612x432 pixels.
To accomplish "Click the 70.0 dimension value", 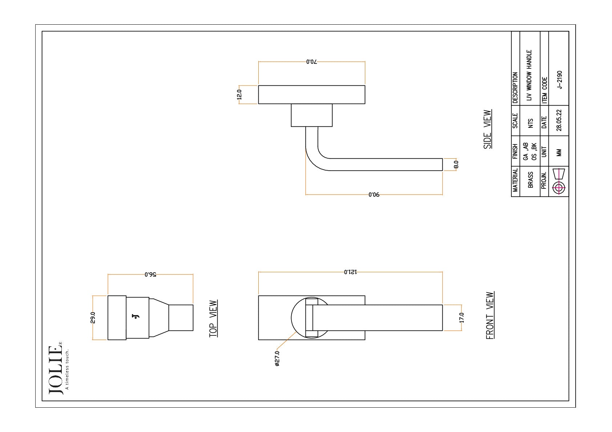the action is (311, 62).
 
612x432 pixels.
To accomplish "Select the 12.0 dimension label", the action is (239, 95).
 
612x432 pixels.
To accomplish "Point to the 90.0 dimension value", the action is (374, 195).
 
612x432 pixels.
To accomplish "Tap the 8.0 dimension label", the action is (456, 164).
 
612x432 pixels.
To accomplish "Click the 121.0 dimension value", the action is (350, 272).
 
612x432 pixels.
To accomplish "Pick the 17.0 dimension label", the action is (462, 318).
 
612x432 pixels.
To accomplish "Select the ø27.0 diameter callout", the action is (277, 358).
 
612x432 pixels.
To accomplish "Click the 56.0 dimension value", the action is (150, 274).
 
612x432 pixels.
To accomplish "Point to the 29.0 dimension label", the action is (93, 318).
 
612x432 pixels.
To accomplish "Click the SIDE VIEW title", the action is (488, 129).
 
